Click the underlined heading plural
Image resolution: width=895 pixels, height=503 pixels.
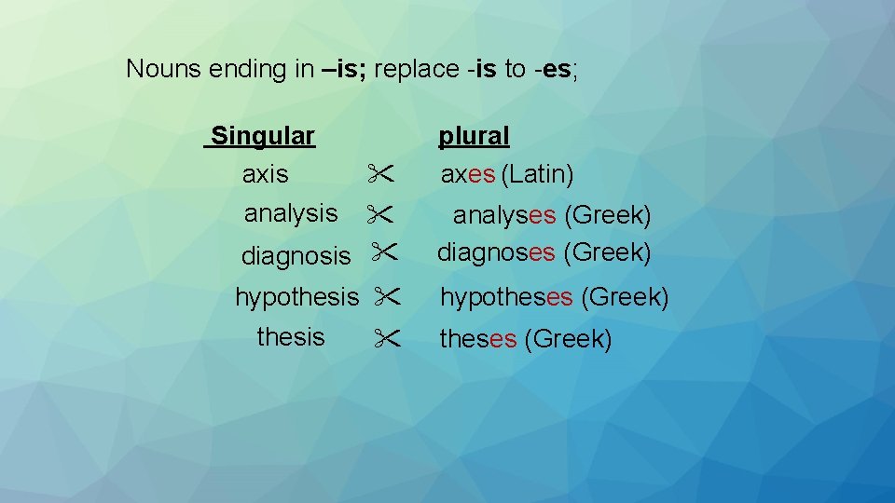[x=474, y=136]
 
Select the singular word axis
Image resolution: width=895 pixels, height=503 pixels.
[x=265, y=174]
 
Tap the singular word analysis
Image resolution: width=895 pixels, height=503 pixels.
[x=291, y=214]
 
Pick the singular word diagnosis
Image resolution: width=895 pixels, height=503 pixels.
[x=296, y=255]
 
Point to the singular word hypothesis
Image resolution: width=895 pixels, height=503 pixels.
[x=296, y=297]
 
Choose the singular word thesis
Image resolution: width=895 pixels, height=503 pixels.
[x=291, y=337]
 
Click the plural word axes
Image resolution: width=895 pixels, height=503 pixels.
[x=468, y=174]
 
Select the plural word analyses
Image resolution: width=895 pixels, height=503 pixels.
[x=504, y=215]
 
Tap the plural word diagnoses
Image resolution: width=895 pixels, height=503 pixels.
[x=496, y=252]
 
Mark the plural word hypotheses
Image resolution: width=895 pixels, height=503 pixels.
[x=506, y=297]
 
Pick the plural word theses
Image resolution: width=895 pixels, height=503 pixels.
[x=478, y=339]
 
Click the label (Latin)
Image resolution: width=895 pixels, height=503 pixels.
[x=537, y=174]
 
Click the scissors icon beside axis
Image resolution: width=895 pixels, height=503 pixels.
[x=380, y=173]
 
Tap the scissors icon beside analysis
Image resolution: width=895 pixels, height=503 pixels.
[x=379, y=214]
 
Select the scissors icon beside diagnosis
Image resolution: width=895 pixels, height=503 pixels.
[x=384, y=251]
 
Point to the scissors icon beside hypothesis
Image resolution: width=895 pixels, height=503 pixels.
[x=388, y=296]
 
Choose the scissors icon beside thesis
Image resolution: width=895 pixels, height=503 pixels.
[x=388, y=338]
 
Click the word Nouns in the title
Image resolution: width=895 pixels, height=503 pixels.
[x=164, y=69]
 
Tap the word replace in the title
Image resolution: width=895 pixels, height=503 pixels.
[x=417, y=70]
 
